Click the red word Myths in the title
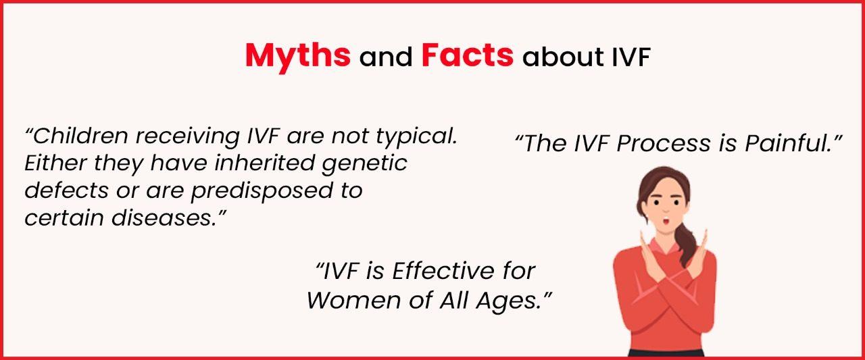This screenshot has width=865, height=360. click(297, 55)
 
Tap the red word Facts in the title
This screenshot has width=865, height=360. click(467, 55)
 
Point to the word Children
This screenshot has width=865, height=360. click(80, 136)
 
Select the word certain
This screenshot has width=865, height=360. click(61, 218)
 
